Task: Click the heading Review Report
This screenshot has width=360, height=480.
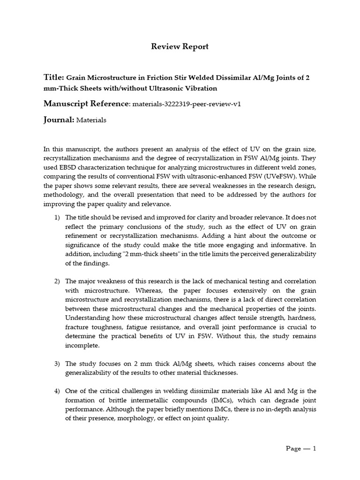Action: pos(180,46)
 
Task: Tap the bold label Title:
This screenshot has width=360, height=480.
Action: pos(53,77)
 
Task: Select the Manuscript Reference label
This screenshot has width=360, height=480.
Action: pos(85,103)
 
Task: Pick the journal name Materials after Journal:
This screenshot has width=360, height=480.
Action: pos(91,120)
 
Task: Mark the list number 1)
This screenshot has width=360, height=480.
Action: pos(57,217)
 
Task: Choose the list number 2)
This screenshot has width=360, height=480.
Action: pos(57,281)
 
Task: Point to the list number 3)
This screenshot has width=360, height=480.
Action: pos(57,363)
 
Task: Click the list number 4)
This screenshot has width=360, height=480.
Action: pos(57,390)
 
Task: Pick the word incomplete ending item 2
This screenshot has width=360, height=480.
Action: pos(82,345)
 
